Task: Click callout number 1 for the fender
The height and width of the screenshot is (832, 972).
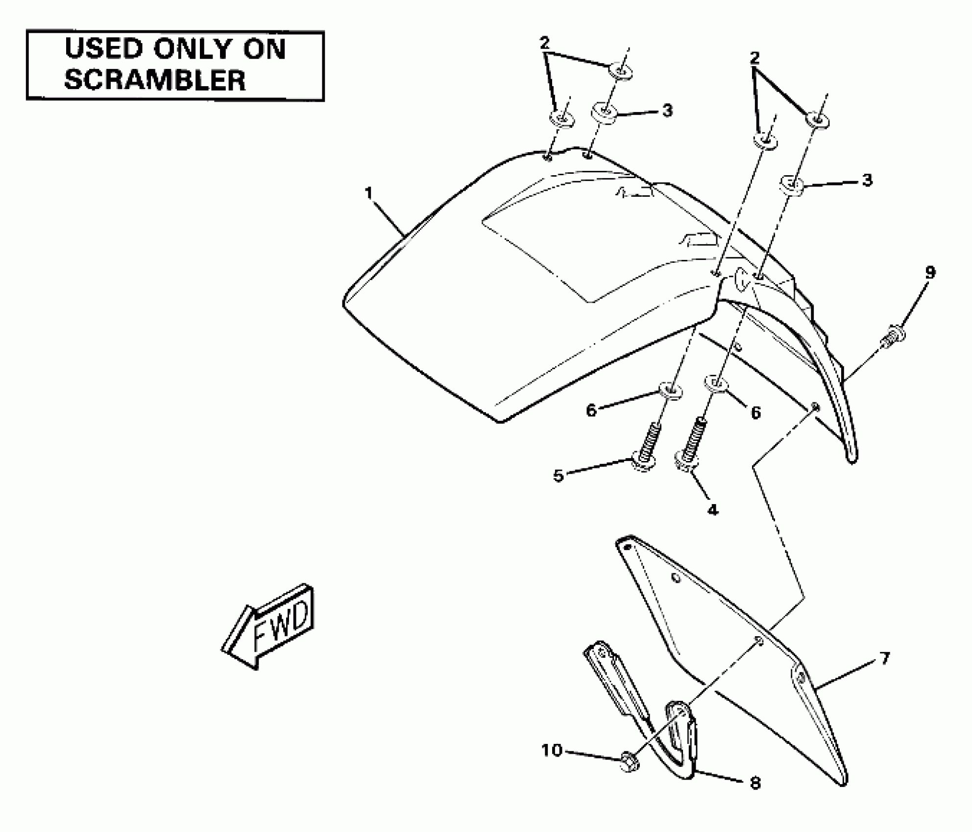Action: (x=369, y=193)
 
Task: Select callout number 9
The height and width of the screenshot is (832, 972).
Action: (x=930, y=272)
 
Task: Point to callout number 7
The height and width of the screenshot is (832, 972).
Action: (x=884, y=659)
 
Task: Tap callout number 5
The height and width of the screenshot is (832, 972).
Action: (x=558, y=476)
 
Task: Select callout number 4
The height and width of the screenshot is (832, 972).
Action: (x=712, y=510)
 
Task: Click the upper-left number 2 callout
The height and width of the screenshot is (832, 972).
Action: (x=544, y=43)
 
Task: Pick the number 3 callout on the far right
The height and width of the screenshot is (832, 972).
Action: (x=867, y=180)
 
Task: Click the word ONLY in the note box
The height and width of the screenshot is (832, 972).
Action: (x=195, y=49)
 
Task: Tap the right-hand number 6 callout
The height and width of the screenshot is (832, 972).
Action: (x=755, y=413)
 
